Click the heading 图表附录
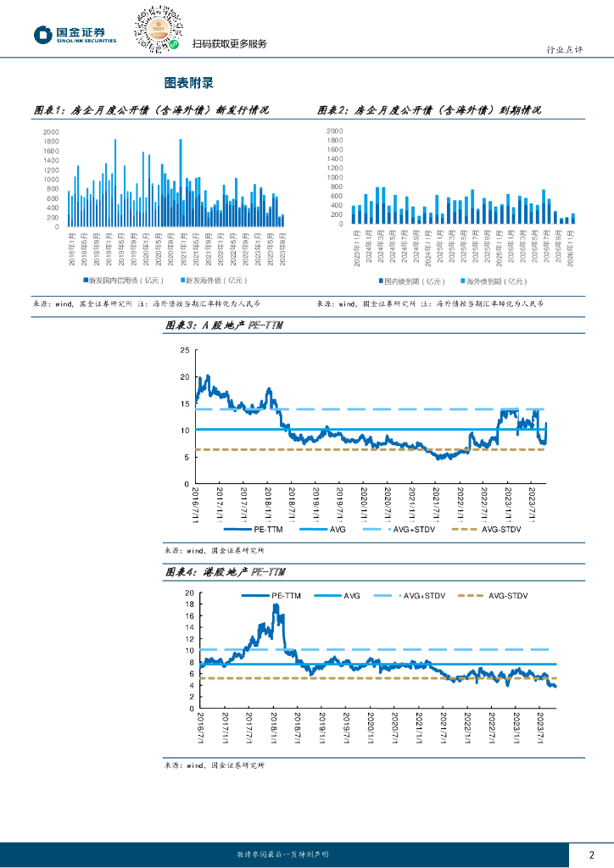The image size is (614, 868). click(188, 83)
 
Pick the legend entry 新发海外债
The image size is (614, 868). click(213, 281)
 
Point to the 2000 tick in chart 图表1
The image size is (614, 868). click(51, 131)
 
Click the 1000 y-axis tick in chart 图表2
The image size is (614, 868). click(334, 177)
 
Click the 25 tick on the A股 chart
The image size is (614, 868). click(186, 350)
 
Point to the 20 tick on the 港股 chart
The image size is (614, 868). click(189, 593)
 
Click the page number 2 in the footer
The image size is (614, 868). click(592, 854)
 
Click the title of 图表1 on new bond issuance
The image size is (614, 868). click(150, 110)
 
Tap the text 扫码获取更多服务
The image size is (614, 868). click(230, 44)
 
